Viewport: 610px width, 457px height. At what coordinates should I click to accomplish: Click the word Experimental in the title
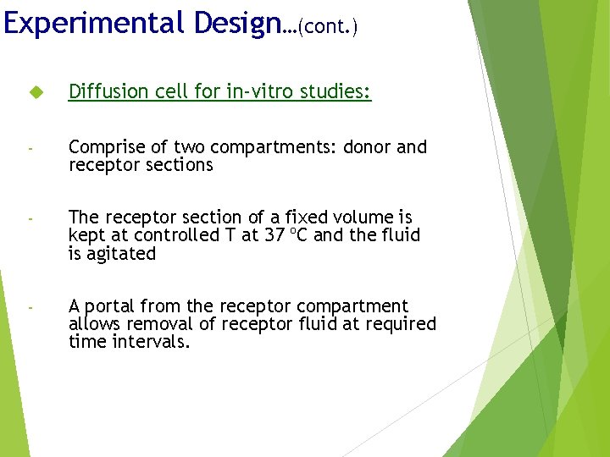(x=94, y=23)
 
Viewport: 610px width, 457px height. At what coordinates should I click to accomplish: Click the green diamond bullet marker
(x=35, y=91)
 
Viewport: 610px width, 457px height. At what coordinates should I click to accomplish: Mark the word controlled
(x=167, y=235)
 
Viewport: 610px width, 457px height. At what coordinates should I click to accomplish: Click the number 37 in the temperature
(x=273, y=235)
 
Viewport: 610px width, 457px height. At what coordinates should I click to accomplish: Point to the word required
(x=400, y=324)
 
